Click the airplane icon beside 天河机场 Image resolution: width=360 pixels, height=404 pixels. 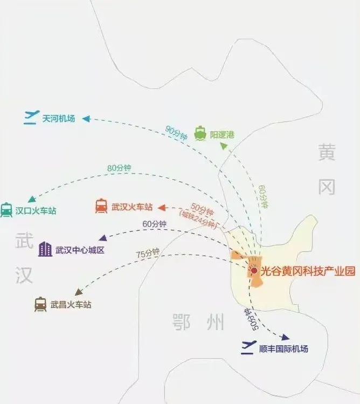click(x=32, y=117)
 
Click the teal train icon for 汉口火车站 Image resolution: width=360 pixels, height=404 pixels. click(x=6, y=210)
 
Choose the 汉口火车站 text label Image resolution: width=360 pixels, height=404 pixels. click(x=36, y=211)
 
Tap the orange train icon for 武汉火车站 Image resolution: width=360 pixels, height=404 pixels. click(x=101, y=206)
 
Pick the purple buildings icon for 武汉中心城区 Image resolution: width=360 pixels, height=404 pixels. click(x=45, y=249)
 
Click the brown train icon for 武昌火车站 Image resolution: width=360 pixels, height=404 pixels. click(x=40, y=304)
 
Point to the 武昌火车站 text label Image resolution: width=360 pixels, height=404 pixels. click(x=71, y=305)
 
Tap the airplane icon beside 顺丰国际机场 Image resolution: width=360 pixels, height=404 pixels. click(x=248, y=347)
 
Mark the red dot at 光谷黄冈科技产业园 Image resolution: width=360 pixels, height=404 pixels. click(x=254, y=271)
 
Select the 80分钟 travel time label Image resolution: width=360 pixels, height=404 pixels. click(x=119, y=168)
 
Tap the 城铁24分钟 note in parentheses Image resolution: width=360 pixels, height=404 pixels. click(x=198, y=219)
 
